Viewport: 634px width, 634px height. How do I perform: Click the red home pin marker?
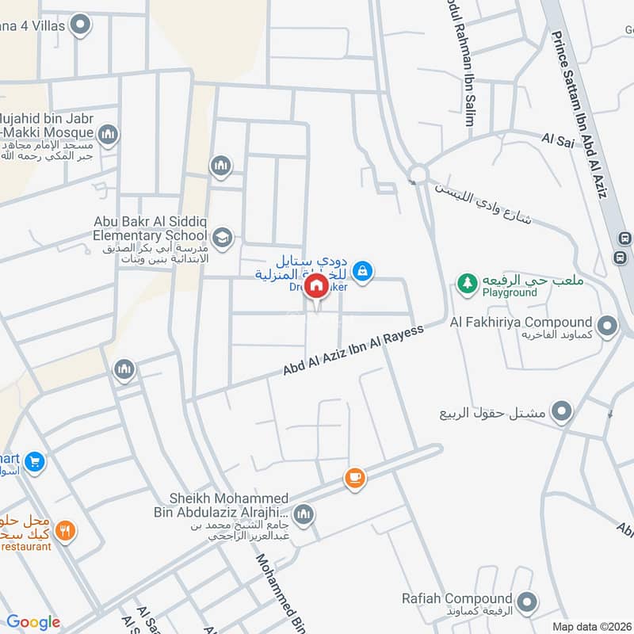pos(316,285)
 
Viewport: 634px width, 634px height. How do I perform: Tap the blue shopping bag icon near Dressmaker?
pos(362,271)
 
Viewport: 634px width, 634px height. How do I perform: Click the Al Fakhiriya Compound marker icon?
pos(608,325)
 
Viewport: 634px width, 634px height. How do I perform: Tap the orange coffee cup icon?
pos(354,478)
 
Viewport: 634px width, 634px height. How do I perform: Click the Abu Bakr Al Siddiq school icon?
pos(223,236)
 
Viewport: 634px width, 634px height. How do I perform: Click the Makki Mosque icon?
pos(109,135)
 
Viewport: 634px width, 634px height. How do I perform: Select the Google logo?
pos(33,622)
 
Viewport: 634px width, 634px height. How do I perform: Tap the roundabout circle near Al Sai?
pos(418,174)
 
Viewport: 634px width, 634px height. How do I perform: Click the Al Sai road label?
pos(557,139)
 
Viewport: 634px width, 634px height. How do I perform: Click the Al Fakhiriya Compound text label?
pos(521,322)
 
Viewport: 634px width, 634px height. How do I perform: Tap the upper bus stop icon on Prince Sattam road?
pos(624,238)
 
